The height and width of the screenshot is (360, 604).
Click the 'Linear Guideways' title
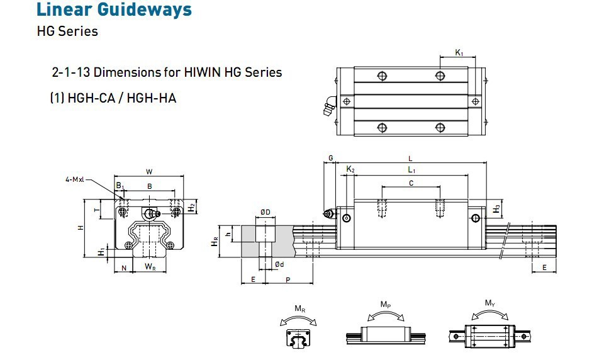(x=114, y=10)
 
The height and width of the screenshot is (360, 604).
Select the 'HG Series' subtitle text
(x=67, y=31)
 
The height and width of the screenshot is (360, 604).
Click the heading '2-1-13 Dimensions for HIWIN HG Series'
(x=167, y=72)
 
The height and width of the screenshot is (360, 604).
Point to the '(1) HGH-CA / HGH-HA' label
(x=113, y=98)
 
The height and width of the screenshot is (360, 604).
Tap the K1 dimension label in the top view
(x=459, y=53)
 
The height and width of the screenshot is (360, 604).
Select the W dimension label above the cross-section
(x=148, y=171)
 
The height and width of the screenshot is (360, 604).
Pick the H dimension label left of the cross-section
(x=80, y=228)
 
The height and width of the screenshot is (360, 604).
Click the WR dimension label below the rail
(x=150, y=267)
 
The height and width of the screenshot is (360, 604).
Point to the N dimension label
(x=123, y=267)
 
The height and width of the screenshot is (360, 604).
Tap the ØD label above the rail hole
(x=265, y=212)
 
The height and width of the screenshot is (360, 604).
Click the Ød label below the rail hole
(x=279, y=265)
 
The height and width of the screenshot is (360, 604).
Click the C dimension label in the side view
(x=411, y=183)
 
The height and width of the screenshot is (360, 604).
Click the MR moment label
(x=300, y=308)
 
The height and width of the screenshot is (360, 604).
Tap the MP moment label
(x=386, y=304)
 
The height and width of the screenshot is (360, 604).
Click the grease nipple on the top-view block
(x=328, y=109)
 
